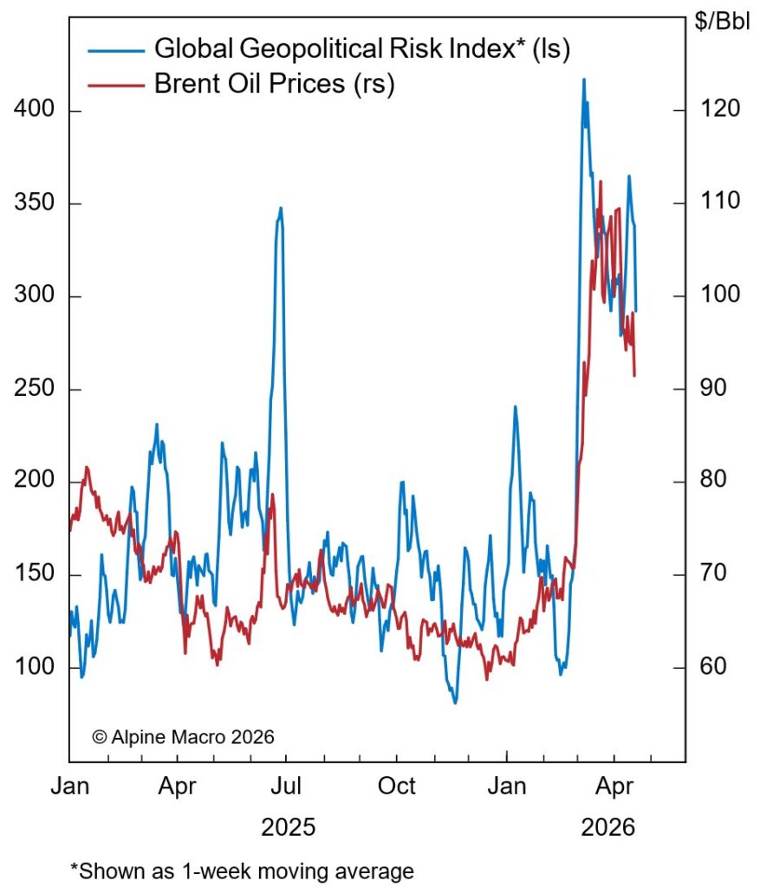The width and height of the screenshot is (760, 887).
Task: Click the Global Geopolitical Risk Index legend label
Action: tap(361, 49)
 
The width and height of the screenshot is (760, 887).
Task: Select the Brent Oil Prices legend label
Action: tap(275, 85)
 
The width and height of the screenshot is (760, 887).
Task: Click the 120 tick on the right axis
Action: tap(716, 108)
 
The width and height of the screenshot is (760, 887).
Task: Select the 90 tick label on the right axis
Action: tap(716, 387)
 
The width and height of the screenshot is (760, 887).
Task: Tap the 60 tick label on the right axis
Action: tap(716, 667)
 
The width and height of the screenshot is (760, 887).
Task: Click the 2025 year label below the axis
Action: tap(288, 826)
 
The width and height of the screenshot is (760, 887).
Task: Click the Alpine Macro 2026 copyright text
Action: tap(183, 737)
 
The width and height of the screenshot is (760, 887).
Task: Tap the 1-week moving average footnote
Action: tap(242, 870)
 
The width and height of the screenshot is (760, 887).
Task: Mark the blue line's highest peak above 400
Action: tap(583, 80)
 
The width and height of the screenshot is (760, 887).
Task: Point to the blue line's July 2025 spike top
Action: tap(281, 208)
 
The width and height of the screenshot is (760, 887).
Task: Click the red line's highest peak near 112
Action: tap(600, 182)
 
